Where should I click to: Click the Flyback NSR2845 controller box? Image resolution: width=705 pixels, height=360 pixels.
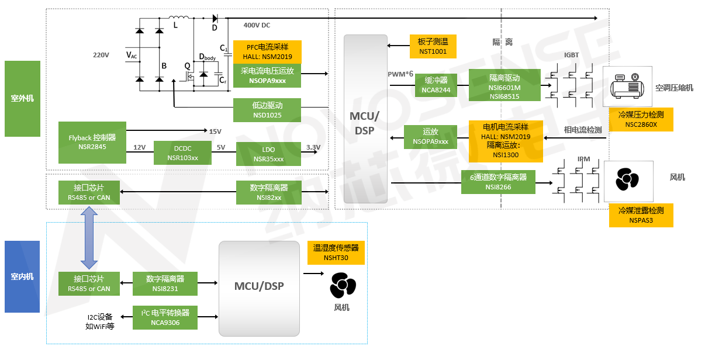click(92, 143)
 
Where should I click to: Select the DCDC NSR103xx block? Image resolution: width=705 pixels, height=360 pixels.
click(182, 153)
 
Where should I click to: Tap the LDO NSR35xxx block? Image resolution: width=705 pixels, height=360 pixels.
click(268, 154)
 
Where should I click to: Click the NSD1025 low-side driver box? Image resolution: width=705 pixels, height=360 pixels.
click(267, 110)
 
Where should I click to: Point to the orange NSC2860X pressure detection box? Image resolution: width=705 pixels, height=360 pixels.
click(641, 120)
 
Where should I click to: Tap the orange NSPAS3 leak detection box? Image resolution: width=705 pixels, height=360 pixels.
click(641, 216)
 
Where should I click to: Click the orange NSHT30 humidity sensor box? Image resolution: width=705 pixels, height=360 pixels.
click(336, 252)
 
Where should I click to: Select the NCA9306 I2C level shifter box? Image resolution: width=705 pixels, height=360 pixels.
click(165, 317)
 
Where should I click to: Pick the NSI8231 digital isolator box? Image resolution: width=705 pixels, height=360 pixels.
click(165, 283)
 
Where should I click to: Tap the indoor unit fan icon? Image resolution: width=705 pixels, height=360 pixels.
click(342, 286)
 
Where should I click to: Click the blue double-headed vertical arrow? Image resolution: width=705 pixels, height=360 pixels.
click(89, 233)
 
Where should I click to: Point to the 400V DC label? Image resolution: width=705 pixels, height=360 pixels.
click(257, 25)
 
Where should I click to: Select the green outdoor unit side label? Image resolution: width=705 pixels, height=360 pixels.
click(22, 98)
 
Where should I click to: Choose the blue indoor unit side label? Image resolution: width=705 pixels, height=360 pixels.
click(22, 276)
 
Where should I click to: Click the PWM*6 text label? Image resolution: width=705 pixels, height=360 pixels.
click(400, 74)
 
